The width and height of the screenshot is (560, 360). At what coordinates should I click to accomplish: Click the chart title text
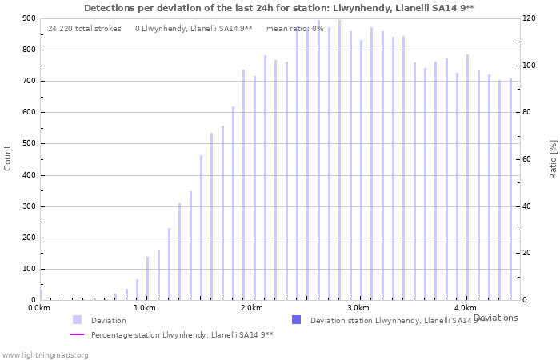coord(278,7)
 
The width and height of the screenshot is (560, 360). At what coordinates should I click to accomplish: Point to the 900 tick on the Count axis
coord(29,18)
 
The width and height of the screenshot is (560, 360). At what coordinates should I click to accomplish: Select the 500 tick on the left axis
coord(29,144)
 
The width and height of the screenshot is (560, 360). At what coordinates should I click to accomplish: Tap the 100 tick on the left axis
coord(29,269)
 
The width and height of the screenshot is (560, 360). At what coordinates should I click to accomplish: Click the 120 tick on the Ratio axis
coord(529,18)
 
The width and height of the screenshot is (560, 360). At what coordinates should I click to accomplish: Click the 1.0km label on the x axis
coord(145,308)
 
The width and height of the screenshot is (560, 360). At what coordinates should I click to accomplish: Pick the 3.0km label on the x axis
coord(358,308)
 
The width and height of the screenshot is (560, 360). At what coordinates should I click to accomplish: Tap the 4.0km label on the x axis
coord(465,308)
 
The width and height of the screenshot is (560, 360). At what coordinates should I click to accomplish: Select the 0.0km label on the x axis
coord(39,308)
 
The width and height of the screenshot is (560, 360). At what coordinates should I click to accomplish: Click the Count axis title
coord(8,158)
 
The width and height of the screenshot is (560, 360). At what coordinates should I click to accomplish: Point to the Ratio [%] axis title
coord(553,158)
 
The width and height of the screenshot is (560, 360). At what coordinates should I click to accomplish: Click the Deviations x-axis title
coord(495,318)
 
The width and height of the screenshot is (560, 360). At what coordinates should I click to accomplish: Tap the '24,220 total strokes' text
coord(85,29)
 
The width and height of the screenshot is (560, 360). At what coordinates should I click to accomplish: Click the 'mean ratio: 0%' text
coord(295,29)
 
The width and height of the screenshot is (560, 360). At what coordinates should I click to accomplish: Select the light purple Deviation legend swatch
coord(77,320)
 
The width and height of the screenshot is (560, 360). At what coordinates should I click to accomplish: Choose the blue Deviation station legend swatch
coord(296,320)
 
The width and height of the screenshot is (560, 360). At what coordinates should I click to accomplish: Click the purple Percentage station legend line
coord(77,334)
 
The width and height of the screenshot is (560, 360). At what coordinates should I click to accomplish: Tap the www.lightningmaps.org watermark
coord(45,354)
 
